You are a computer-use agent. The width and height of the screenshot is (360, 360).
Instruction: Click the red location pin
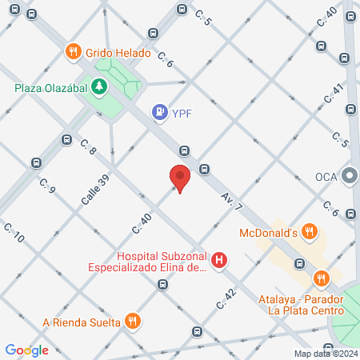coord(180,178)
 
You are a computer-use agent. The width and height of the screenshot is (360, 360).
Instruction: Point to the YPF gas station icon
coord(160,112)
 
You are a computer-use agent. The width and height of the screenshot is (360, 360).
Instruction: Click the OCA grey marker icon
coord(349,175)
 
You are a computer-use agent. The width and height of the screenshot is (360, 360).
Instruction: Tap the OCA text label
coord(326,176)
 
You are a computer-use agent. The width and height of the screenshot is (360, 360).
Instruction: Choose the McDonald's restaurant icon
coord(310,233)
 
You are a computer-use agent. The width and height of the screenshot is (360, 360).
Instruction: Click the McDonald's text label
coord(269,234)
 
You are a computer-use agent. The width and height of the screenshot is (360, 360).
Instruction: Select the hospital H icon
coord(219,261)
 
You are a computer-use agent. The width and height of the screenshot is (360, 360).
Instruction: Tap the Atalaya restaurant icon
coord(322,278)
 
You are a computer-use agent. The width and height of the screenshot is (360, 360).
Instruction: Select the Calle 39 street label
coord(94,190)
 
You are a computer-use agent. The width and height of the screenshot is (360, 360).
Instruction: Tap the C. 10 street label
coord(14,234)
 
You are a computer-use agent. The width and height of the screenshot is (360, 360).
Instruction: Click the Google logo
coord(26,350)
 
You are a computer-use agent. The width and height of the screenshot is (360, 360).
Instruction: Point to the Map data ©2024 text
coord(324,354)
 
